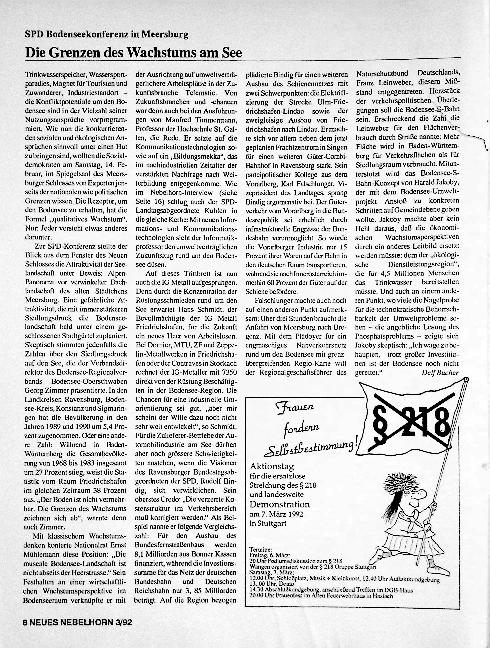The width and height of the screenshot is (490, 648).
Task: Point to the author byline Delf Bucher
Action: click(x=440, y=373)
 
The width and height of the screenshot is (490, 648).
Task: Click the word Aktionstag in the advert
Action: click(x=272, y=466)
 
